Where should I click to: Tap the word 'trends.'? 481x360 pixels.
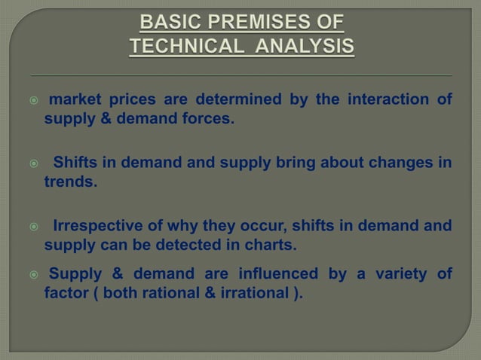(70, 182)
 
